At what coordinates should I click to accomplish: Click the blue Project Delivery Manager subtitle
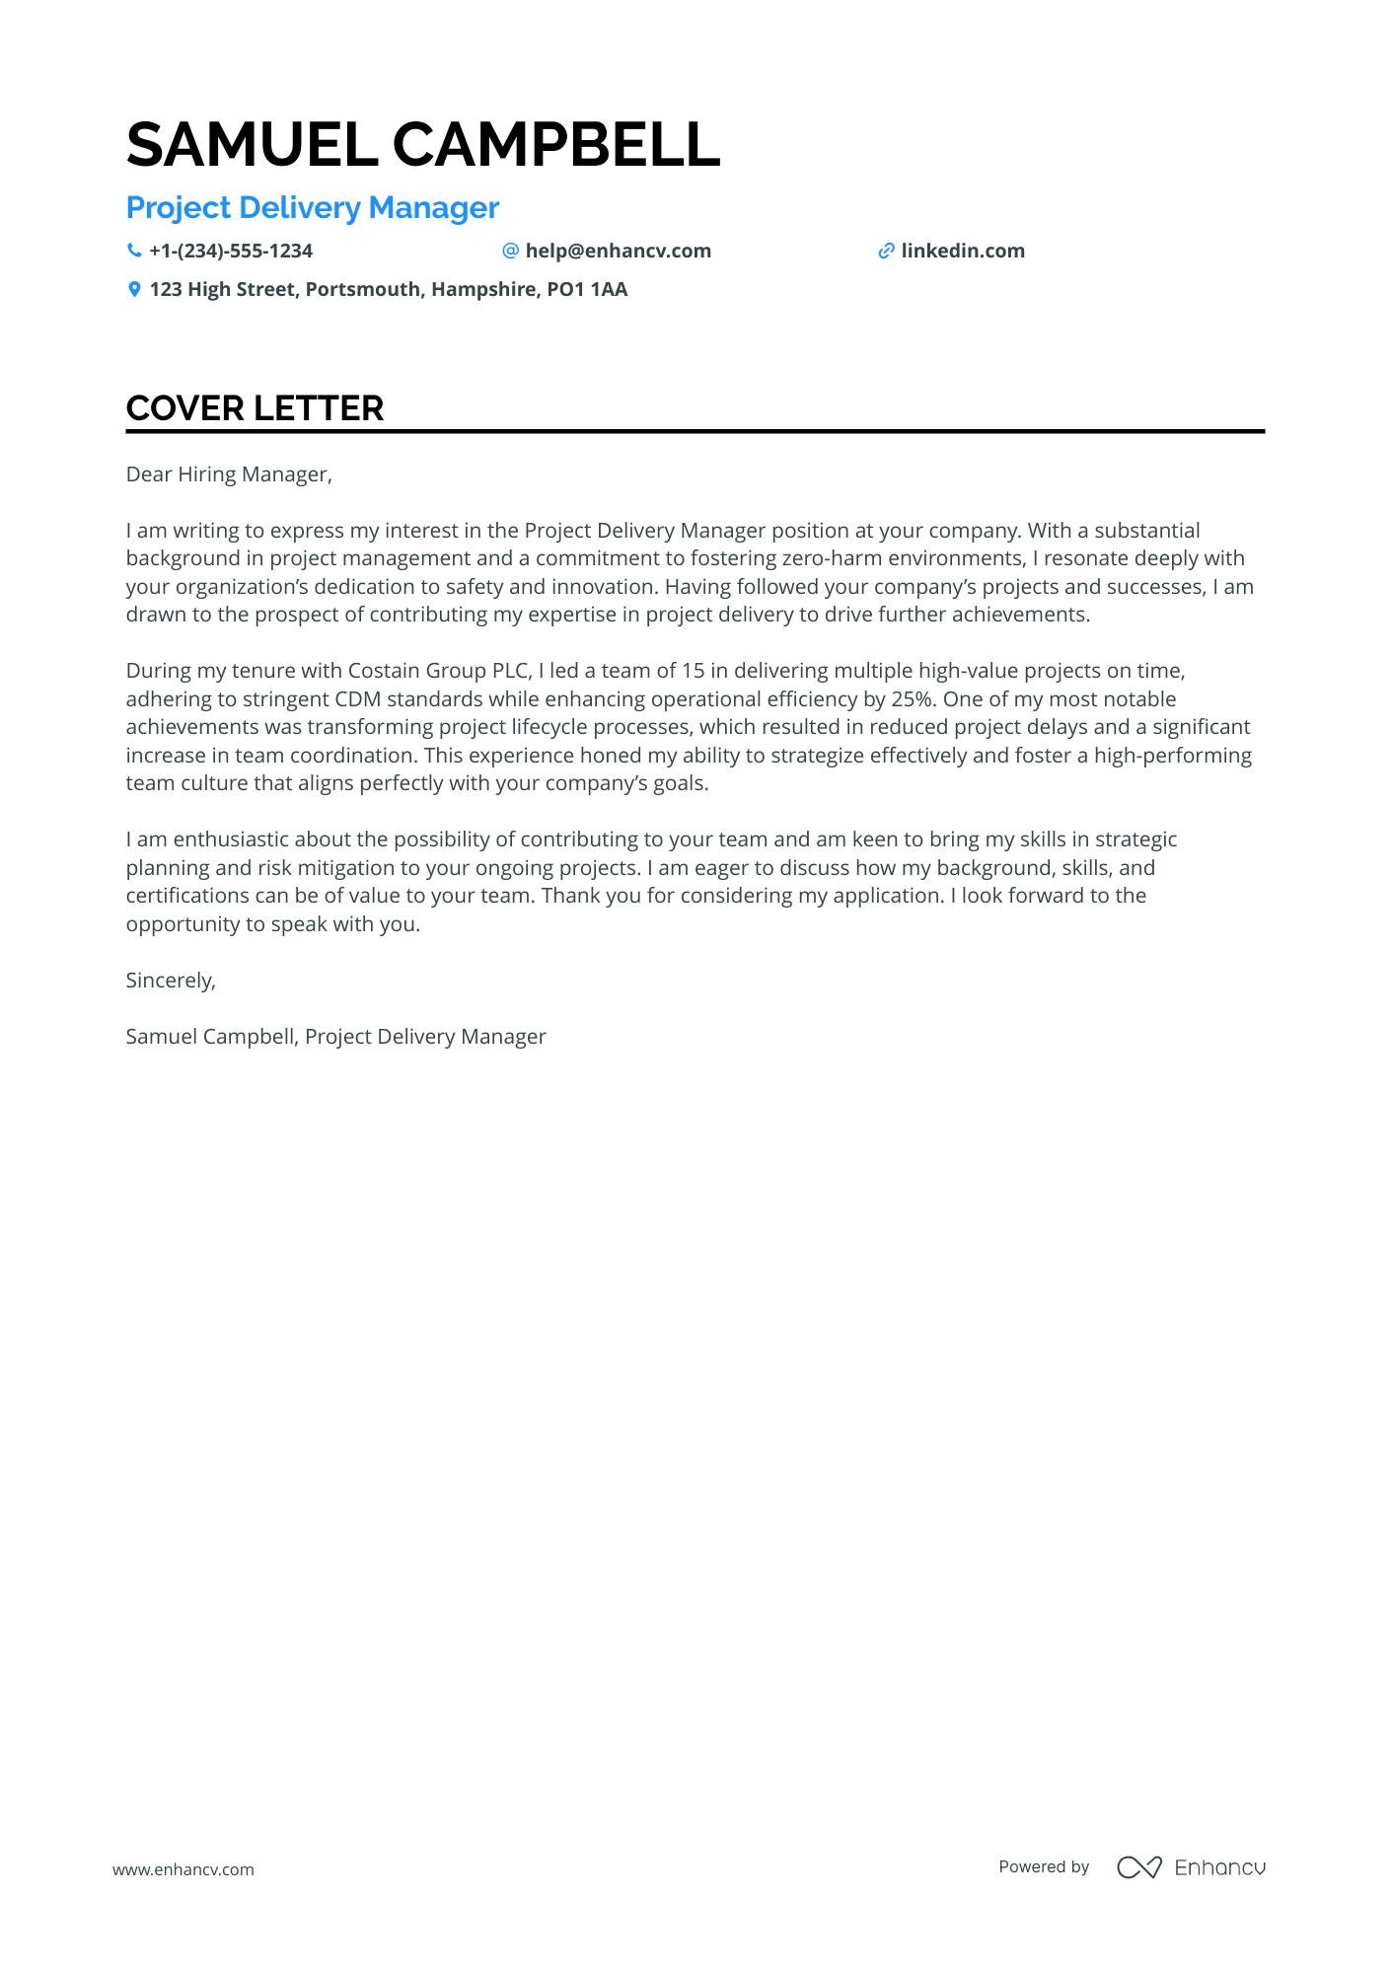tap(313, 208)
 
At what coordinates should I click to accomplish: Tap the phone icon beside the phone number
tap(134, 251)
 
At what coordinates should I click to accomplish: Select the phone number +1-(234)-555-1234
tap(231, 251)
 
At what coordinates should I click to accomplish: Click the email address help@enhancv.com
tap(618, 251)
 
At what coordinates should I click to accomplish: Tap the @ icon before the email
tap(510, 251)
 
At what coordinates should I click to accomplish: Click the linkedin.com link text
tap(963, 251)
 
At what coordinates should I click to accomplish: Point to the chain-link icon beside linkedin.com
tap(886, 251)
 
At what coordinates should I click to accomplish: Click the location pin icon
tap(134, 289)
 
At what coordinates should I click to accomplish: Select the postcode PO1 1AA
tap(587, 289)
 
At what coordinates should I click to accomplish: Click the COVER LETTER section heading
tap(255, 408)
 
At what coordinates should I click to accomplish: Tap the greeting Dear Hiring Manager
tap(229, 474)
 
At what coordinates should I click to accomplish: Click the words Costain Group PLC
tap(440, 671)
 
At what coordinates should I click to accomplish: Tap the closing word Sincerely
tap(170, 981)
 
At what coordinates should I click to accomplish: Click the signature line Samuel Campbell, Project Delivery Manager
tap(335, 1037)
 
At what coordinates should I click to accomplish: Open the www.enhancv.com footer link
tap(183, 1869)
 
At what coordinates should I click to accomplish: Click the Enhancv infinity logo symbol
tap(1138, 1867)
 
